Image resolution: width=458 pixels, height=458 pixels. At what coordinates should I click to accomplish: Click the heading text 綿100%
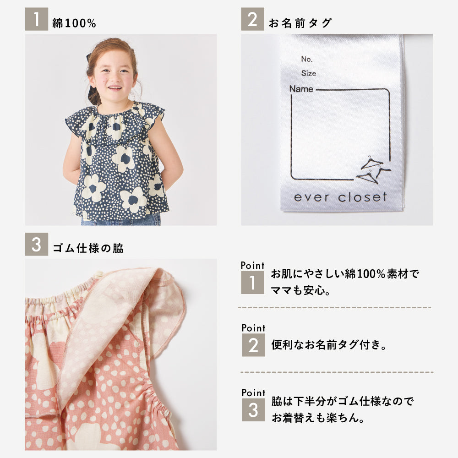tap(74, 23)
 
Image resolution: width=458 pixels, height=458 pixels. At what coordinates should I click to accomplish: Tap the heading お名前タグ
tap(300, 23)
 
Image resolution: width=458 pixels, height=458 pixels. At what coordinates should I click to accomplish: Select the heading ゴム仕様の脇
tap(88, 248)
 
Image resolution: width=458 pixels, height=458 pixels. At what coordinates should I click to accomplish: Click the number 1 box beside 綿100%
tap(37, 19)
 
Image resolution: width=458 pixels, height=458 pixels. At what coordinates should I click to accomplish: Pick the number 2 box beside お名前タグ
tap(252, 19)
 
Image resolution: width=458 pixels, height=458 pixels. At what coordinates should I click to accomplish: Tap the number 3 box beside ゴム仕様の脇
tap(37, 244)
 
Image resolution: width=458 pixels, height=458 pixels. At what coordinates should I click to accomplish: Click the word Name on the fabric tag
tap(301, 89)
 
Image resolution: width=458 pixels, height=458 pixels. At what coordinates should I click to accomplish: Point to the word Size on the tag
tap(308, 73)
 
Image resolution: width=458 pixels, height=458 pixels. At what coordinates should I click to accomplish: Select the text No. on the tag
tap(307, 59)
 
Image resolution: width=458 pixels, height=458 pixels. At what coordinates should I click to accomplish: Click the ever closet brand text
tap(340, 197)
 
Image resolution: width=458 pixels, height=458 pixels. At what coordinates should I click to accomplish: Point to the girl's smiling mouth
tap(114, 87)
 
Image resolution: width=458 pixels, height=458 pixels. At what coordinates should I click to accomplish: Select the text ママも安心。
tap(300, 290)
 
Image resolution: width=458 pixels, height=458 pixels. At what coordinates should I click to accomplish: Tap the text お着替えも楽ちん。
tap(318, 418)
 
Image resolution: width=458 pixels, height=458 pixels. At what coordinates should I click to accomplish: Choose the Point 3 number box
tap(254, 410)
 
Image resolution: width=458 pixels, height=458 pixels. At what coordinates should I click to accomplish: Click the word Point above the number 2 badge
tap(254, 328)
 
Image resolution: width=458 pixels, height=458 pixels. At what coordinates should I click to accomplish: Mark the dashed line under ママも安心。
tap(335, 308)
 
